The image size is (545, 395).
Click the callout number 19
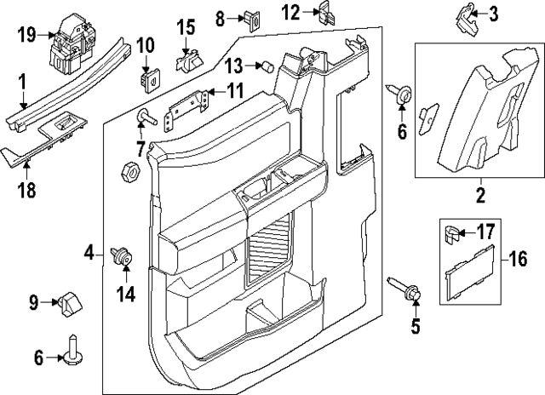26,35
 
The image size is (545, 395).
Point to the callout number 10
145,43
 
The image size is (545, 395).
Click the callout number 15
186,27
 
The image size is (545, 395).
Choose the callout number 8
220,16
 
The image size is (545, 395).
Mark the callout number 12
291,12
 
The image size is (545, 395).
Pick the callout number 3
494,14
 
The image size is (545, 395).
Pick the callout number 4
89,253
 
